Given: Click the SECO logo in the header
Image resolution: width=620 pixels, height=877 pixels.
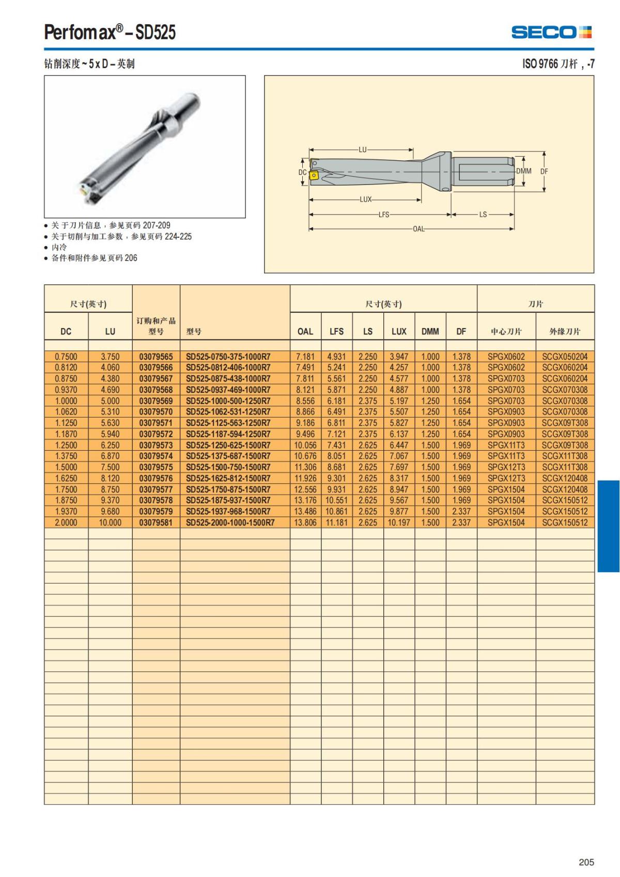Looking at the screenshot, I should [x=551, y=33].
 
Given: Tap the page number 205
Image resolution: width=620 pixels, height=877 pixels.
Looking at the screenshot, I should [x=586, y=862].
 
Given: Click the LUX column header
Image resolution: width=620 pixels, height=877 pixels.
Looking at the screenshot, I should [x=399, y=331].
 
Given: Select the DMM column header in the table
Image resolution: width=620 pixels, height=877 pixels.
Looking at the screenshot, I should [x=430, y=331].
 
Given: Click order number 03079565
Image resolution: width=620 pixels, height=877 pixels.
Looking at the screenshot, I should [x=156, y=357].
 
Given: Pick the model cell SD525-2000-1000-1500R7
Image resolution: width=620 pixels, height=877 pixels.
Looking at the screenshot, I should [x=230, y=522].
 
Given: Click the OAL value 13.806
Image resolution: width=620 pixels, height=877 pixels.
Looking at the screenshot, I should [x=305, y=522].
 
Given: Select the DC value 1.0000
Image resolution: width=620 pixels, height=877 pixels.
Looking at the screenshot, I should [x=66, y=401].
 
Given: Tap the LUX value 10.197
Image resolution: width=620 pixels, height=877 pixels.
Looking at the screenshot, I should [x=399, y=522].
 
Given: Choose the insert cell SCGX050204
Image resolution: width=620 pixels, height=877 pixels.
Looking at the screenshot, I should [x=565, y=357].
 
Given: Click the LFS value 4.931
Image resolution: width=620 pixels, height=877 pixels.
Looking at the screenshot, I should [x=336, y=357].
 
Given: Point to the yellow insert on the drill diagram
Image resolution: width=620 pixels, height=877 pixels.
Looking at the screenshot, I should [x=314, y=176].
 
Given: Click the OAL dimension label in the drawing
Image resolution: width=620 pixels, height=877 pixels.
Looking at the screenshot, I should [x=418, y=229].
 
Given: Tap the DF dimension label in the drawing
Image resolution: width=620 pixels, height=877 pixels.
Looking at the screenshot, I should [x=544, y=172].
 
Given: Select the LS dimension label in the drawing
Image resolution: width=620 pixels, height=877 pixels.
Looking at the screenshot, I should [x=483, y=214].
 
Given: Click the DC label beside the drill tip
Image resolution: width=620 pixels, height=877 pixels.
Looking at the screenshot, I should [x=303, y=172].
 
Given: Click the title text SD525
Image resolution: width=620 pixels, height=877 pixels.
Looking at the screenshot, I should [x=156, y=33].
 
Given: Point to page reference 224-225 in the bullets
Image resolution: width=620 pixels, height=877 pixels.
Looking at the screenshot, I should [x=178, y=236].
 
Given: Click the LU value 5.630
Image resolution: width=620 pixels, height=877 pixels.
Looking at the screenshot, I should [x=110, y=423].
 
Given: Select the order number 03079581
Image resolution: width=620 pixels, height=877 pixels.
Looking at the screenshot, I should [x=156, y=522].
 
